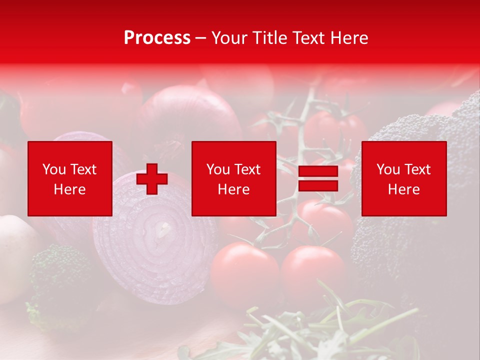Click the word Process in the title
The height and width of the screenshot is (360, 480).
pos(157,38)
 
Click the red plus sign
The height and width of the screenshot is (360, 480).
pos(152,179)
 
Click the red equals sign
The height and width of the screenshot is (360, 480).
pos(318,179)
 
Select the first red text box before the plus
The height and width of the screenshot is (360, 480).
pos(70,178)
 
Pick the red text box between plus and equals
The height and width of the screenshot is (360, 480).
pos(234,178)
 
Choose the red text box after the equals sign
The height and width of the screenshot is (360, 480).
pos(404,178)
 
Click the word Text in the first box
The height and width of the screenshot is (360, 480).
pos(83,169)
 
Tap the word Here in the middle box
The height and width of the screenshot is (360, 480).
pos(234,189)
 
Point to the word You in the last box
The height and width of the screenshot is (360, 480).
pos(388,169)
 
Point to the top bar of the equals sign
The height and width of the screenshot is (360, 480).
pos(318,171)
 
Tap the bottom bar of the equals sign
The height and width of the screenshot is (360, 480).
pos(318,186)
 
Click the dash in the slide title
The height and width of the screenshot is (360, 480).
pos(201,38)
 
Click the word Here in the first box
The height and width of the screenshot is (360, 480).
pos(70,189)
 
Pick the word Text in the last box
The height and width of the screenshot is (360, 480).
pos(417,169)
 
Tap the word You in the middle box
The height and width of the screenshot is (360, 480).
pos(218,169)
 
